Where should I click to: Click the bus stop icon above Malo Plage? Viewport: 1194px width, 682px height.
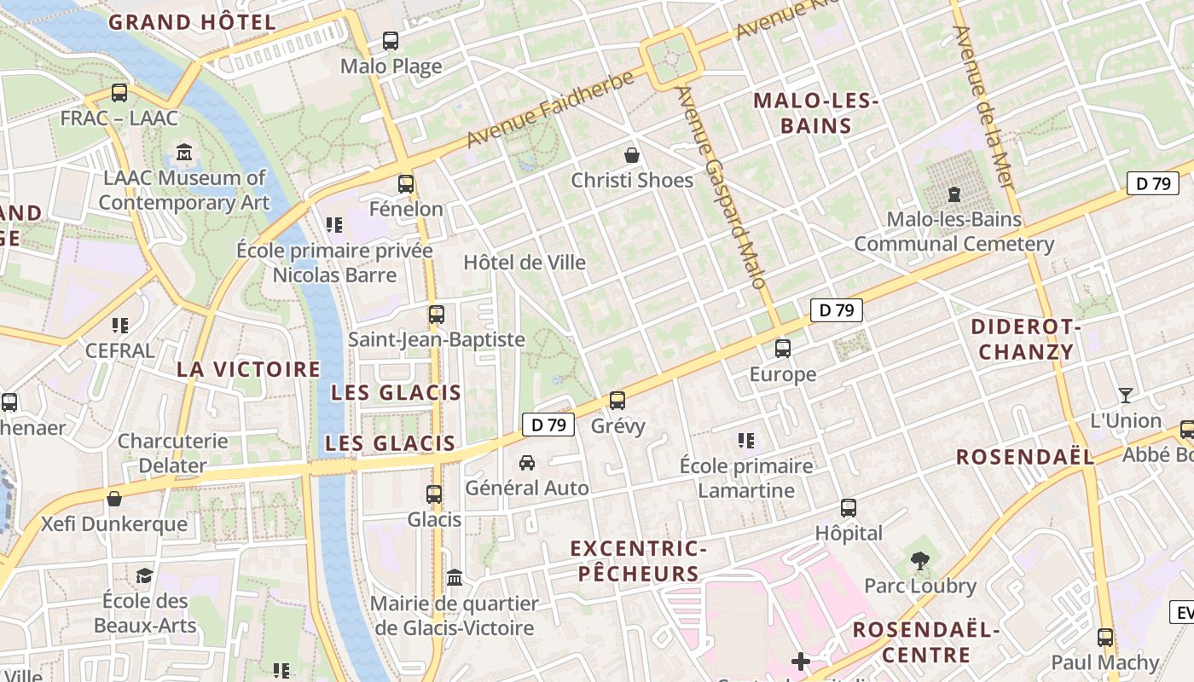point(391,40)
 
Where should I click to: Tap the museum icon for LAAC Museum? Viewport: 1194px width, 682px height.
point(184,153)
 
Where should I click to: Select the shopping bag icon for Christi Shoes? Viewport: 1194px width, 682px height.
point(632,154)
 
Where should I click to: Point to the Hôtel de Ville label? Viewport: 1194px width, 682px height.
point(525,263)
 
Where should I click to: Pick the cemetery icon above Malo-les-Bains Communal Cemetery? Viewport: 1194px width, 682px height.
point(953,194)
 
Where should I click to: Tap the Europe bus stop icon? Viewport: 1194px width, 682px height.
point(782,349)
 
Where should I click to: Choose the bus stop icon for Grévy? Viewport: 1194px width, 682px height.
point(617,400)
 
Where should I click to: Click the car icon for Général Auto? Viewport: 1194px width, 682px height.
point(527,463)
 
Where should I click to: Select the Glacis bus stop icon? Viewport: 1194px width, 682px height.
point(434,494)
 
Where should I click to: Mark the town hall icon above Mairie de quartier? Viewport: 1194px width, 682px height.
point(455,578)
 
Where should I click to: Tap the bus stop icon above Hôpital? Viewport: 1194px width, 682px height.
point(849,508)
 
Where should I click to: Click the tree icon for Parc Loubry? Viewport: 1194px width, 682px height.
point(919,560)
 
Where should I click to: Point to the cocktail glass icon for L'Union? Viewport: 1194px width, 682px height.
point(1126,396)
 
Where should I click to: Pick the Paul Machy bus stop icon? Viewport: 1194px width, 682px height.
point(1105,637)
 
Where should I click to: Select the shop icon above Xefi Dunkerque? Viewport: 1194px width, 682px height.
point(114,499)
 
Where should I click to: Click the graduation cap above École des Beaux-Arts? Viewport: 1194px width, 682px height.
point(144,575)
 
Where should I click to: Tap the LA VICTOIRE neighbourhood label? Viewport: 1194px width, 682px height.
point(248,369)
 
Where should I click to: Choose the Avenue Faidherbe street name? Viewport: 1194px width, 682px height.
point(551,108)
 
